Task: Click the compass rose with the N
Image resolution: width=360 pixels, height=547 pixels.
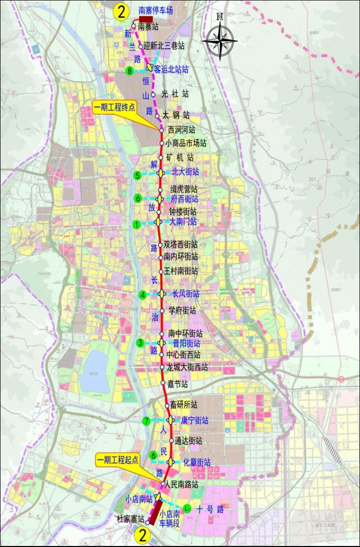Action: coord(220,40)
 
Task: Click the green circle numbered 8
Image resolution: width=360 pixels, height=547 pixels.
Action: coord(131,71)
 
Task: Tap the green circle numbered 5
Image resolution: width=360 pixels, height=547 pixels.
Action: coord(137,175)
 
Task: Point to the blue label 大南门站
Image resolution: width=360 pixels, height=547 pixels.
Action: coord(184,222)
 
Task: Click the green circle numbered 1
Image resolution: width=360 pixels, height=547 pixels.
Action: coord(136,224)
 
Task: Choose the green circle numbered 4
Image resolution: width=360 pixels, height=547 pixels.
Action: coord(143,295)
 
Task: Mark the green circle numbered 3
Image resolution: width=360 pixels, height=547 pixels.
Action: coord(140,343)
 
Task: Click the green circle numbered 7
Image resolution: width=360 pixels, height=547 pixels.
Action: coord(146,420)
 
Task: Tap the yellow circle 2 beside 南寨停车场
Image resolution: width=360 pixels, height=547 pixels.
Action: coord(121,12)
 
